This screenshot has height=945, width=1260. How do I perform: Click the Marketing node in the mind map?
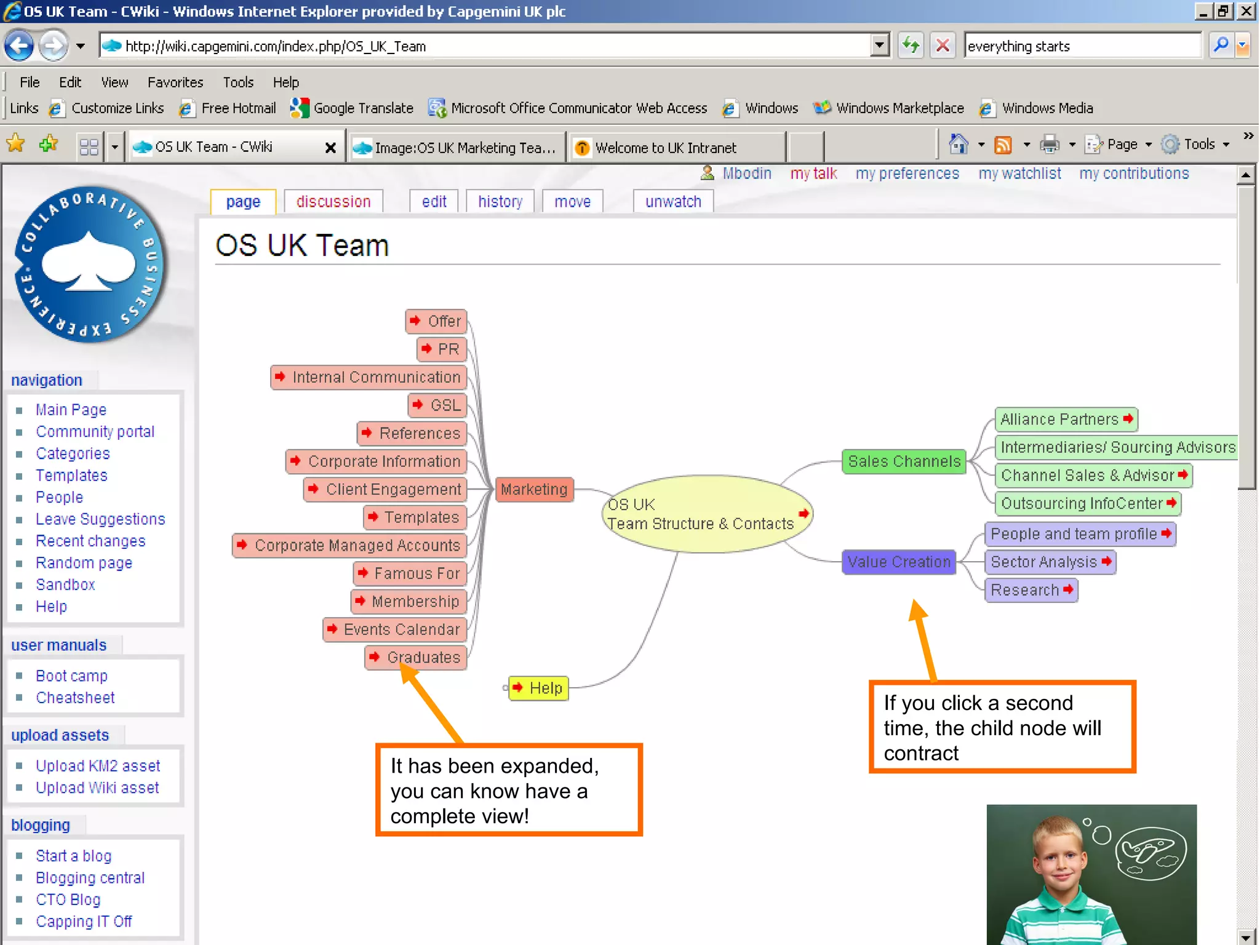pos(534,490)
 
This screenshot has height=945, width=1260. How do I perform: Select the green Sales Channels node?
pos(904,461)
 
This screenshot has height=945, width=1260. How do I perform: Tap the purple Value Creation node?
pos(899,562)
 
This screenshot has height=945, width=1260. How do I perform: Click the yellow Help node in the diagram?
pos(539,688)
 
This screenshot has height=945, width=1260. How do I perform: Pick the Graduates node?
pos(417,658)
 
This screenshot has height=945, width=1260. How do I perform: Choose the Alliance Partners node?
pos(1066,420)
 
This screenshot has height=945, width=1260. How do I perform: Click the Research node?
pos(1031,590)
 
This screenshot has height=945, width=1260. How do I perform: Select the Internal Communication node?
pos(369,377)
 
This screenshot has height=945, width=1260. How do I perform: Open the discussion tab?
pos(333,202)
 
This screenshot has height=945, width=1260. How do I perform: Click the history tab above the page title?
pos(500,202)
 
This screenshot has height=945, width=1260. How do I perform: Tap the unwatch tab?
pos(673,202)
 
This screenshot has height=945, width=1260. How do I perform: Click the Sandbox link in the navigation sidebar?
pos(65,584)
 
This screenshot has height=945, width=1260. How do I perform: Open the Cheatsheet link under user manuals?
pos(75,698)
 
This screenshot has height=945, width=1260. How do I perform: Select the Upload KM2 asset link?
pos(98,766)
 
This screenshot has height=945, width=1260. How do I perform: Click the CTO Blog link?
pos(68,899)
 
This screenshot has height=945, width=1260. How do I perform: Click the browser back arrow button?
pos(19,46)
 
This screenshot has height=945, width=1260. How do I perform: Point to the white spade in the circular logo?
pos(89,261)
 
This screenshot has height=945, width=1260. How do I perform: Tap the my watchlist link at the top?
pos(1019,173)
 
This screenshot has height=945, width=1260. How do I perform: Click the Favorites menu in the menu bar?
pos(175,82)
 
